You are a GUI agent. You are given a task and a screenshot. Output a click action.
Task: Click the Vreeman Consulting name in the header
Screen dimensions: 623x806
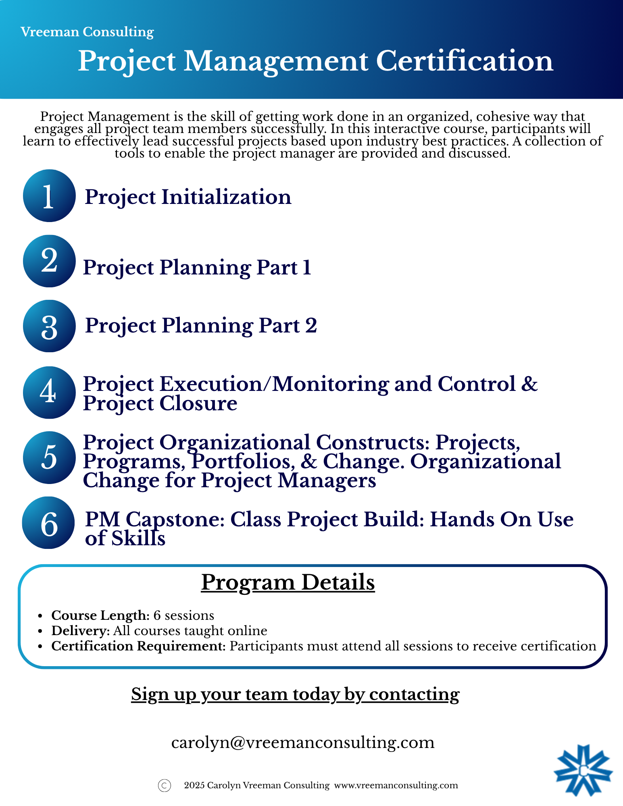pos(87,32)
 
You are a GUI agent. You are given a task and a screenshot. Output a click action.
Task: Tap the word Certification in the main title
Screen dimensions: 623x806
pos(465,61)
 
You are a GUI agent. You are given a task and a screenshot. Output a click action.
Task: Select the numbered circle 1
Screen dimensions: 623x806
pos(49,195)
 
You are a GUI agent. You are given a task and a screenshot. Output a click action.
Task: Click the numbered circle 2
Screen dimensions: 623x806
pos(49,261)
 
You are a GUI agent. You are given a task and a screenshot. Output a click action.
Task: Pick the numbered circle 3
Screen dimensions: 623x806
pos(49,326)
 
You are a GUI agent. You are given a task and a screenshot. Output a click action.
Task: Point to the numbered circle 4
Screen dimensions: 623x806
pos(49,393)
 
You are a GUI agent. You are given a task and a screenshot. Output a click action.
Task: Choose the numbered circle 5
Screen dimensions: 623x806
pos(49,458)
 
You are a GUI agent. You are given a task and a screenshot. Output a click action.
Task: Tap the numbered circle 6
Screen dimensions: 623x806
pos(48,523)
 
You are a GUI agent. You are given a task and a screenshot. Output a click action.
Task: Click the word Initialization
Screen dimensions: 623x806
pos(226,197)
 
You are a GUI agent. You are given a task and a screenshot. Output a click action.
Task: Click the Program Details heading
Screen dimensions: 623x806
pos(288,582)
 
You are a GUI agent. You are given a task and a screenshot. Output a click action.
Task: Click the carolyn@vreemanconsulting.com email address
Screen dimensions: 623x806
pos(303,742)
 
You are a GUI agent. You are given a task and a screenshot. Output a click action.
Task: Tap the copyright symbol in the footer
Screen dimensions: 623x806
pos(165,785)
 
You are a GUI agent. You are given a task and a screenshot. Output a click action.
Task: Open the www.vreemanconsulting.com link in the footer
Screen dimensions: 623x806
pos(396,785)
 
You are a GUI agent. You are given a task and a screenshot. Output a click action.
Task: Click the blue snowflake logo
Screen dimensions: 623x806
pos(583,770)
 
